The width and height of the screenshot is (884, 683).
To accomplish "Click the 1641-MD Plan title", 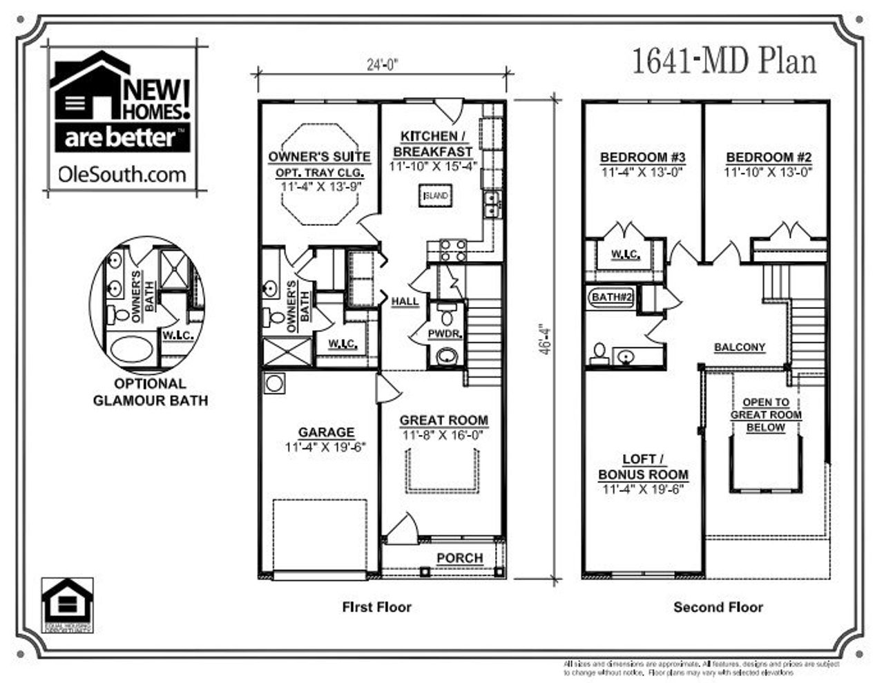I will pos(724,61).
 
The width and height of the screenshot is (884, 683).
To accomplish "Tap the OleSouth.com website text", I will pos(122,174).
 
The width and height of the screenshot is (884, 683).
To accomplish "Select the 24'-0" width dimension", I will pos(383,64).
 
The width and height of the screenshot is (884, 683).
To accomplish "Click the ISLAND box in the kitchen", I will pos(436,195).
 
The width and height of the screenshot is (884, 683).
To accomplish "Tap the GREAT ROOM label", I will pos(443,420).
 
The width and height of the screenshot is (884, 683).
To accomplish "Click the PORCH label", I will pos(460,557).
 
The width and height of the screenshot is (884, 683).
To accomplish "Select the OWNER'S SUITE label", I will pos(319,157).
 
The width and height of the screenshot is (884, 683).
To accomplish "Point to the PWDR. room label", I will pos(444,334).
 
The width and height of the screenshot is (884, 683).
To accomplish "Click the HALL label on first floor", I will pos(405,301).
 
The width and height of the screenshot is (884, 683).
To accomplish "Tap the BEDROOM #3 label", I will pos(642,157).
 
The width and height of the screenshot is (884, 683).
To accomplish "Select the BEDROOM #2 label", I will pos(768,157).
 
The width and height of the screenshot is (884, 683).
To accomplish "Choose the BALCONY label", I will pos(740,347).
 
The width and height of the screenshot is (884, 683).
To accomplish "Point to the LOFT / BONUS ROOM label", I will pos(643,467).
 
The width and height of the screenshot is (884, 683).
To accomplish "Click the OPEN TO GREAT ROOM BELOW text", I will pos(766,414).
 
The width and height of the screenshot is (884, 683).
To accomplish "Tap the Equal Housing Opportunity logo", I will pos(67,605).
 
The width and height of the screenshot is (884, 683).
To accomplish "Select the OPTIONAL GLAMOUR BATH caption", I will pos(150,392).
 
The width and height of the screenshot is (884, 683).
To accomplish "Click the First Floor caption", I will pos(376,607).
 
